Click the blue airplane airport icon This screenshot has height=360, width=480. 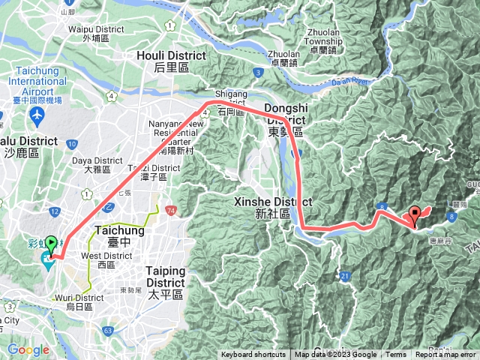pyautogui.click(x=36, y=116)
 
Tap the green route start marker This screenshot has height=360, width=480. pyautogui.click(x=51, y=244)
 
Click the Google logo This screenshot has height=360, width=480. pyautogui.click(x=28, y=349)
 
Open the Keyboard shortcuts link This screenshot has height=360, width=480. pyautogui.click(x=253, y=355)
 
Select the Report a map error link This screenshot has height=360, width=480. pyautogui.click(x=445, y=355)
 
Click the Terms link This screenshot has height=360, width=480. pyautogui.click(x=396, y=355)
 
